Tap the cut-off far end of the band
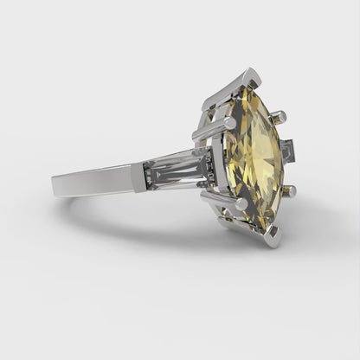click(55, 183)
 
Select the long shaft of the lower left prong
click(222, 198)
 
